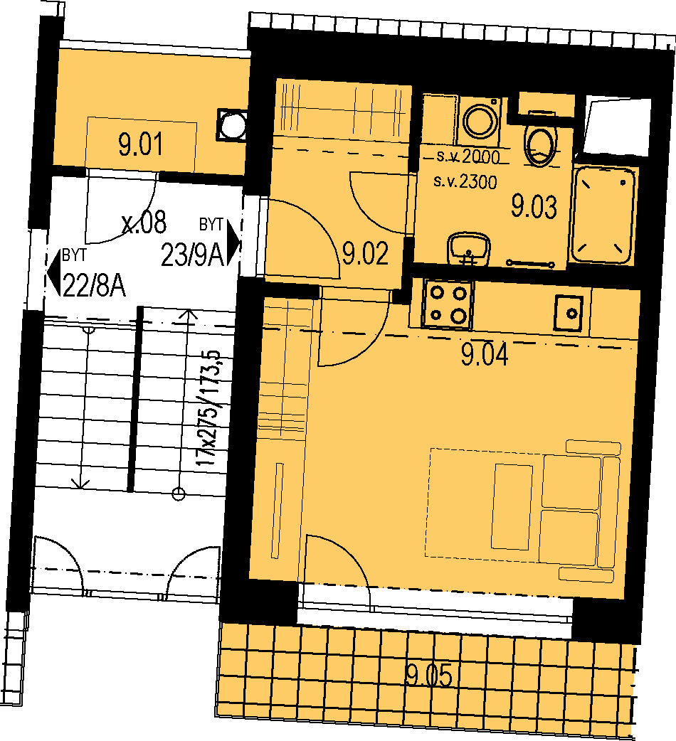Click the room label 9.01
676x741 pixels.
click(x=140, y=144)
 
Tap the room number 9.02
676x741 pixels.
click(x=366, y=253)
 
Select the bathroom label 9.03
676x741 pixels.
click(x=534, y=207)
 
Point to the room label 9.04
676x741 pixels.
click(x=485, y=355)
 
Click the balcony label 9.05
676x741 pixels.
click(x=429, y=676)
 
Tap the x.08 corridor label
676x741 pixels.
click(x=144, y=222)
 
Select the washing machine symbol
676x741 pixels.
click(x=479, y=121)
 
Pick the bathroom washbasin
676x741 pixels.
click(x=468, y=247)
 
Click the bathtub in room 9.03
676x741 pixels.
click(x=603, y=215)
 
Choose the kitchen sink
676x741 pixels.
click(x=569, y=313)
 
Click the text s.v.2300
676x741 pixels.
click(x=465, y=181)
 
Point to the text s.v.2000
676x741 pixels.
click(x=468, y=156)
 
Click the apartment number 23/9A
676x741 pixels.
click(x=192, y=255)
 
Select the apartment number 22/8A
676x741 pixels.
click(x=95, y=286)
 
